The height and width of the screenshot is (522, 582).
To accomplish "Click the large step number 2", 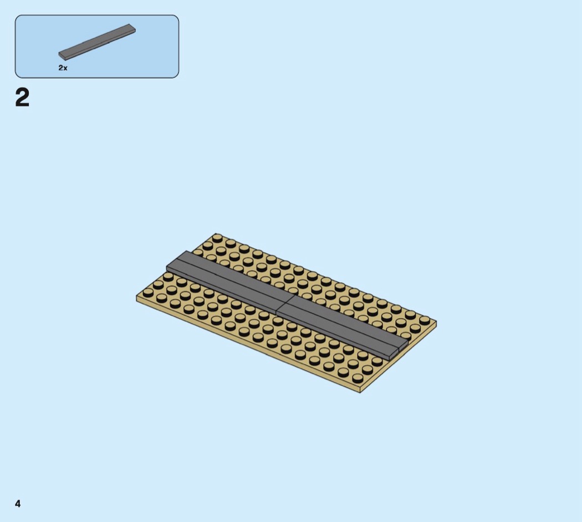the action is pyautogui.click(x=22, y=98).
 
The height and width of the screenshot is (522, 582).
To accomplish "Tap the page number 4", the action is pyautogui.click(x=18, y=504).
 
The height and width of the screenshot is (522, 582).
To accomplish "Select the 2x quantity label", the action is pyautogui.click(x=63, y=68).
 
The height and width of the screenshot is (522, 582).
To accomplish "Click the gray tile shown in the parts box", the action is pyautogui.click(x=97, y=42).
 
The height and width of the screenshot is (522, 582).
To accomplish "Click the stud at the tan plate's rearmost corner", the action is pyautogui.click(x=217, y=237).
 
